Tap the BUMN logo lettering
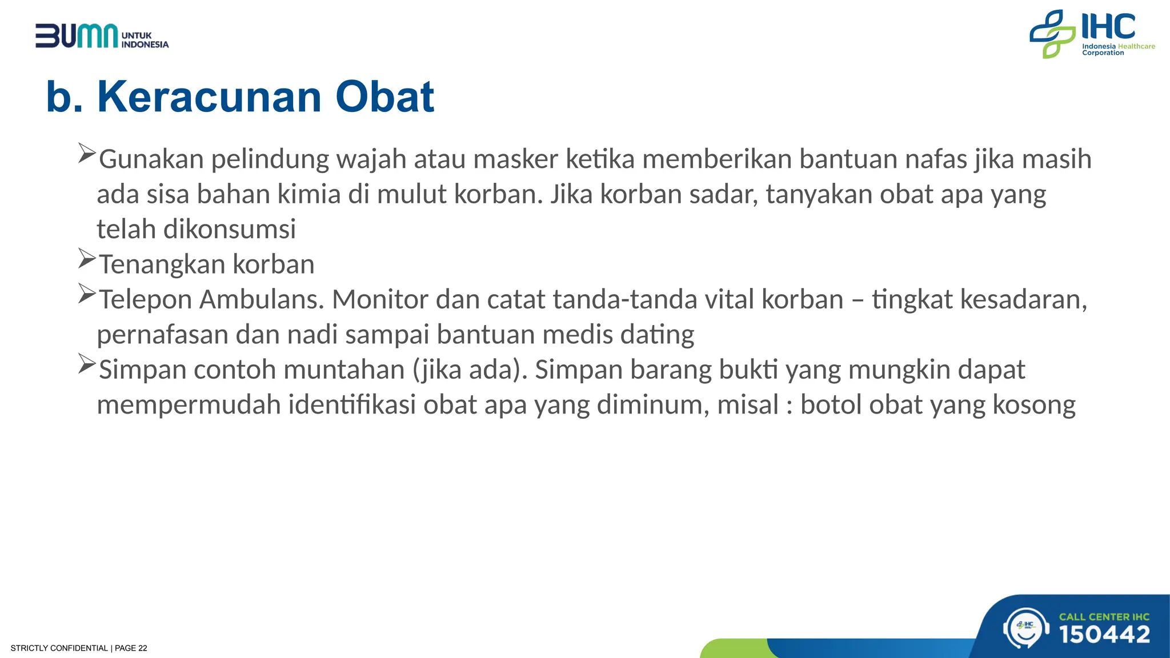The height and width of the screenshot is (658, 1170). (77, 37)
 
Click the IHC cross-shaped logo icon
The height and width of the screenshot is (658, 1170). (1052, 34)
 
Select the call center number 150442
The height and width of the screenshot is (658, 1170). (1104, 635)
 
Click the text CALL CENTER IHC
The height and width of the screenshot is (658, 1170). (1104, 616)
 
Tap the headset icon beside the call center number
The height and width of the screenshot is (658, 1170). (1026, 628)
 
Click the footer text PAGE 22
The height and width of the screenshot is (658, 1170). (131, 648)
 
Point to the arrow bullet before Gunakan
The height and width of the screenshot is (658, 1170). (87, 154)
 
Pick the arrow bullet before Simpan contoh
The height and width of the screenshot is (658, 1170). (87, 364)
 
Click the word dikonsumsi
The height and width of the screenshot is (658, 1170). (229, 229)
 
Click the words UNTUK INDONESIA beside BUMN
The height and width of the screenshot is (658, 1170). (145, 40)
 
